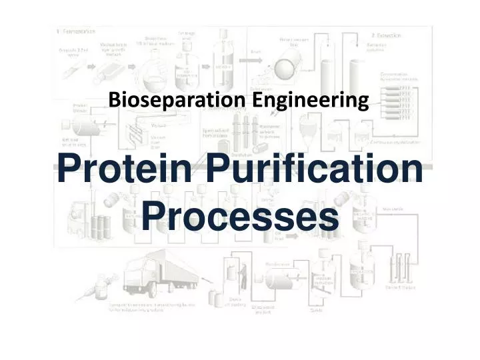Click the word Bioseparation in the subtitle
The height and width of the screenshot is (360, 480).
(x=177, y=101)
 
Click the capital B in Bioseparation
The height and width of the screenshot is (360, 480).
(x=114, y=101)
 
